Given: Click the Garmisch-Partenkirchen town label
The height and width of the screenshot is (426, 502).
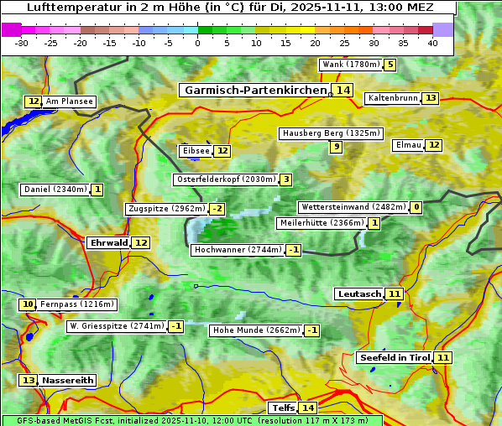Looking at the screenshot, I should pos(254,91).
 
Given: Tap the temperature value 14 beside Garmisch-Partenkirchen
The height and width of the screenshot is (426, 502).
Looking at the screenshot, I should pos(342,91).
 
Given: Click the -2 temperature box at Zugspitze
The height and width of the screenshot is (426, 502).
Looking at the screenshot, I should pos(217,209).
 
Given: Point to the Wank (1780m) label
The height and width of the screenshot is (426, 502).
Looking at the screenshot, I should pos(350,65).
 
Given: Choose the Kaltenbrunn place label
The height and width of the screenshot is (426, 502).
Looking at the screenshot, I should pos(392,98).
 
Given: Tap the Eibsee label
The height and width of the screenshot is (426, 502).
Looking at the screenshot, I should pos(196,151).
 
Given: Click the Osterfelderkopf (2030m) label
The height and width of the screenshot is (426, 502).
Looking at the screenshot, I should pos(225,179).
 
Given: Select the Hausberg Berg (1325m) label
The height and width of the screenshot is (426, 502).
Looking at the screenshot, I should pos(331,133).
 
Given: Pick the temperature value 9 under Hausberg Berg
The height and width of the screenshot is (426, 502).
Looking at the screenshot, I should pos(336,147).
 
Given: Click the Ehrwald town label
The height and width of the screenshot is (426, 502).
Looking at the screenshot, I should pos(108,243).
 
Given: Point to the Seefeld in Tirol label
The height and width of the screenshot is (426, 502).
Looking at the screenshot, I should pos(394,358).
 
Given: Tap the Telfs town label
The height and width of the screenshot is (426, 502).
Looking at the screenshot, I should pos(282,408).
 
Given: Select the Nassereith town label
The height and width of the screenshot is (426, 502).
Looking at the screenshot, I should pos(68,380).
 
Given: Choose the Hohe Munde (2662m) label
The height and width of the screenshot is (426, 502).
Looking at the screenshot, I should pos(256,330).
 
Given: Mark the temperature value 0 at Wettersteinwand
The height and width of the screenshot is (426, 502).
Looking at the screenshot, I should pos(416,207).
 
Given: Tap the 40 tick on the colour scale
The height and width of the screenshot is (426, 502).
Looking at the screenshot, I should pos(432,43).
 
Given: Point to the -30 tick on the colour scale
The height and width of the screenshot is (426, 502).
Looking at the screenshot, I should pos(22,43).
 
